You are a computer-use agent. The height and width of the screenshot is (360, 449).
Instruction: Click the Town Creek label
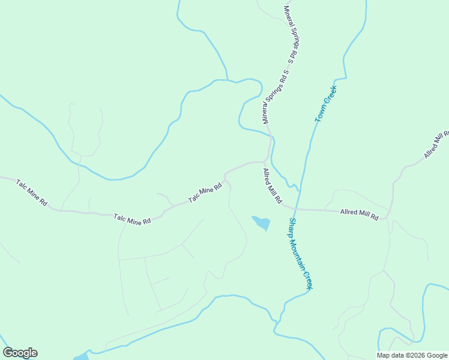click(326, 104)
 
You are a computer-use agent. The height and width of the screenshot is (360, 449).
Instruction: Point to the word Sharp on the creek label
click(293, 226)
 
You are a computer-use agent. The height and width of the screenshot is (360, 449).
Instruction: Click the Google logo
click(20, 353)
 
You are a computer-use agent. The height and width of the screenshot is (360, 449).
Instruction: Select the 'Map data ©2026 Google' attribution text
click(412, 355)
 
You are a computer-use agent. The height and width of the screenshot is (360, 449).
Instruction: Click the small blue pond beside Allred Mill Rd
click(262, 223)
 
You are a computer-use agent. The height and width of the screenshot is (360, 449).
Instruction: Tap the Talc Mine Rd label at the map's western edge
click(31, 193)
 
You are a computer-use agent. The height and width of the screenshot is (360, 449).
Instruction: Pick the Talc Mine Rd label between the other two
click(132, 218)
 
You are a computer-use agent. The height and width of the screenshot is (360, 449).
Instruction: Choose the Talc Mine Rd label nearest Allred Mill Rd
click(205, 193)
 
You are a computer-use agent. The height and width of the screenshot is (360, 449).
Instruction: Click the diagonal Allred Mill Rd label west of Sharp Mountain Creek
click(272, 186)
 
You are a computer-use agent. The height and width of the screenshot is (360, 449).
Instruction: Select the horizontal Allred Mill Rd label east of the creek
click(359, 214)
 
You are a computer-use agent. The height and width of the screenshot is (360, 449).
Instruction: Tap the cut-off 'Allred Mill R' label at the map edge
click(436, 145)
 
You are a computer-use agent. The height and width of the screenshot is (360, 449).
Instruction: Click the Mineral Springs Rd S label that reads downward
click(293, 35)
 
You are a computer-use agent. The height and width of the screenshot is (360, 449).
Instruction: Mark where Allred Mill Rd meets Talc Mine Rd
click(264, 161)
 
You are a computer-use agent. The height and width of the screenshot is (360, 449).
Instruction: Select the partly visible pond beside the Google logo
click(81, 356)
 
